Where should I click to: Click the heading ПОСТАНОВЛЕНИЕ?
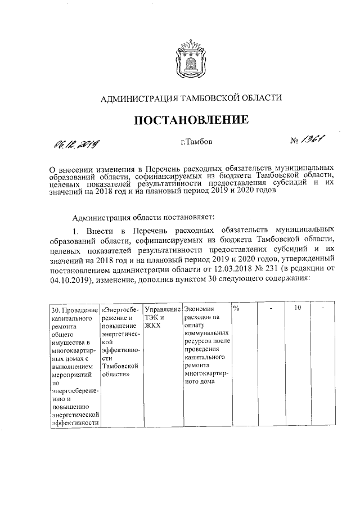pyautogui.click(x=190, y=120)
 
